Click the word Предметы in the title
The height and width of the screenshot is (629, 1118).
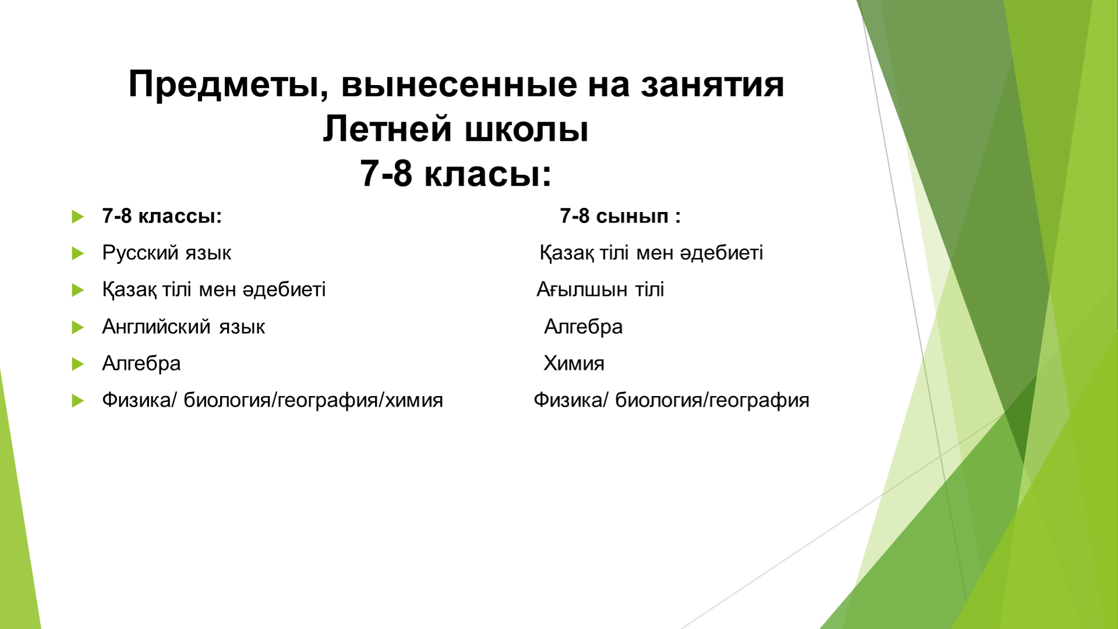coord(225,85)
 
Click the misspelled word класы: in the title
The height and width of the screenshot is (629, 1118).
coord(487,174)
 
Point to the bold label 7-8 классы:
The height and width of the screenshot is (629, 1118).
coord(162,216)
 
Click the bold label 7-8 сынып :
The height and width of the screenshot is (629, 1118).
coord(620,217)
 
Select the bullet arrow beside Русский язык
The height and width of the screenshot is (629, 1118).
coord(78,253)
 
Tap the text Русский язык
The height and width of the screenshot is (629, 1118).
coord(167,253)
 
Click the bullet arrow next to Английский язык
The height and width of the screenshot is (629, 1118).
coord(78,327)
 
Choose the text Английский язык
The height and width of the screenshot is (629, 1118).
coord(183,327)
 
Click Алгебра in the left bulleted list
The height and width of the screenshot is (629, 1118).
coord(141,363)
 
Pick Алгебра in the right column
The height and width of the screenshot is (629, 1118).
coord(583,327)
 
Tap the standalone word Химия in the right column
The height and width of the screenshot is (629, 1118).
coord(574,363)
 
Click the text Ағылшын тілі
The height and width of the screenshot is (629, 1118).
coord(600,289)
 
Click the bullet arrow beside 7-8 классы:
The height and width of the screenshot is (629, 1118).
coord(78,217)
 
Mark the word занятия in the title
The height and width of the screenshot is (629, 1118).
coord(712,85)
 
